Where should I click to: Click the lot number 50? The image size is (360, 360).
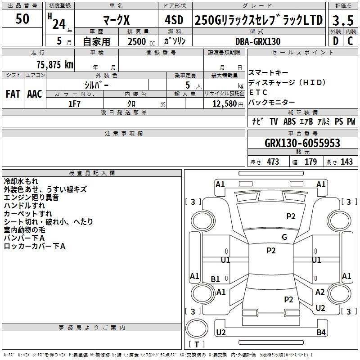coord(22,19)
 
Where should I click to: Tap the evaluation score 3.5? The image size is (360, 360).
coord(342,20)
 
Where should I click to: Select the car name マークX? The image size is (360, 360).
coord(116,20)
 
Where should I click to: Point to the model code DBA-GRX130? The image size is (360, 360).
coord(258,41)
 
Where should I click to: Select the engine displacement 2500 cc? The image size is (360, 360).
coord(138,41)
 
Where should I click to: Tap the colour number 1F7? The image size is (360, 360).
coord(74,103)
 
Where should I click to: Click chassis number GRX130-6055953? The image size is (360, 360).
coord(302,144)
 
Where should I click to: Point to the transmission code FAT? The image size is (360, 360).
coord(13,94)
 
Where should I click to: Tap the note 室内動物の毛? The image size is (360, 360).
coord(28,229)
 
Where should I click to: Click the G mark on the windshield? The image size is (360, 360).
coord(284,237)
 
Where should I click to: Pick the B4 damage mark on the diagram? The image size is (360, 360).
coord(320,333)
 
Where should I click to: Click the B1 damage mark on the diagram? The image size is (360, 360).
coord(216,279)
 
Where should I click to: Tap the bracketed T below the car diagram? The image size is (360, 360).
coord(198,345)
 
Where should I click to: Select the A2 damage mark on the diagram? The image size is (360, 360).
coord(320,292)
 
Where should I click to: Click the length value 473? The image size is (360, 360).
coord(273,162)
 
